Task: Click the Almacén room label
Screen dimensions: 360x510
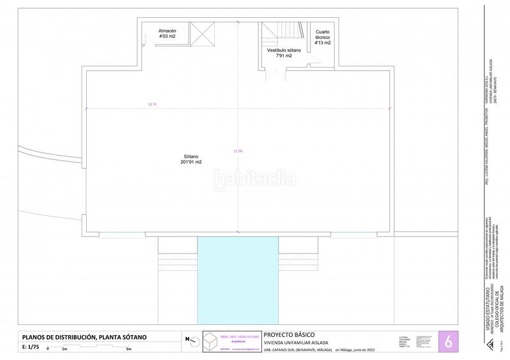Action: point(167,34)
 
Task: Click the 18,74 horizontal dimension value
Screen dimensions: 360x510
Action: point(151,103)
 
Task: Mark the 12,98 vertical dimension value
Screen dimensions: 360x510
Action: point(238,151)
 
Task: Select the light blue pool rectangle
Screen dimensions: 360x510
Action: point(238,281)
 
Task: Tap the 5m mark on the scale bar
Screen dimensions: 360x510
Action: point(129,349)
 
